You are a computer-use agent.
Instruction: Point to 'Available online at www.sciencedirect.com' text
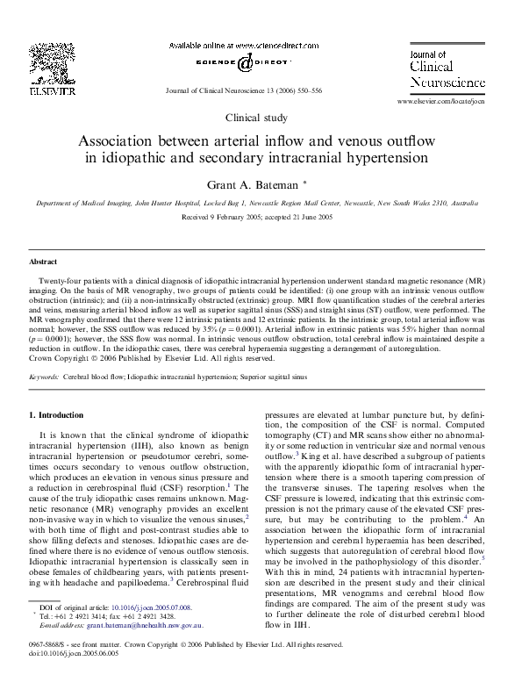click(236, 44)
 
